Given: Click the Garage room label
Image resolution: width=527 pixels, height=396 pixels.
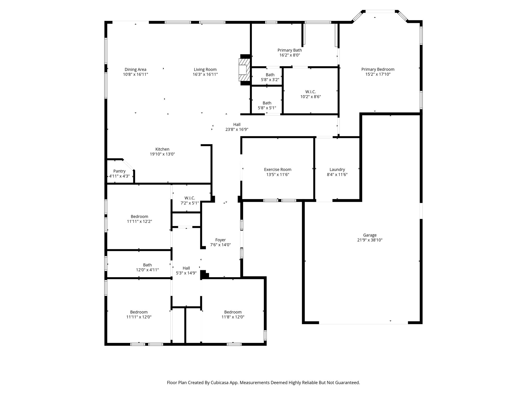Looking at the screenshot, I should (370, 235).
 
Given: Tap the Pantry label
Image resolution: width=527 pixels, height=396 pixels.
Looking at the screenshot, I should (119, 171).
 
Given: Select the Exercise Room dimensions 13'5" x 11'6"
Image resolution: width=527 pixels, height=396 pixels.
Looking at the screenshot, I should (278, 175).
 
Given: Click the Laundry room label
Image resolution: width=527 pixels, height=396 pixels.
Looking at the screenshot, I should (337, 170).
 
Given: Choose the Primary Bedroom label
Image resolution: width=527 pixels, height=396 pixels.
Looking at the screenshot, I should (378, 69).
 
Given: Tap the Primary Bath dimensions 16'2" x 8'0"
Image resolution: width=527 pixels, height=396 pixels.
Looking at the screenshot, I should (289, 55).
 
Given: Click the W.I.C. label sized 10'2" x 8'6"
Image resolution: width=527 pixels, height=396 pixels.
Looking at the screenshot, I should (311, 92).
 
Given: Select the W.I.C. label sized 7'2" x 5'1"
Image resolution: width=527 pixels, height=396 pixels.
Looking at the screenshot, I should (190, 198).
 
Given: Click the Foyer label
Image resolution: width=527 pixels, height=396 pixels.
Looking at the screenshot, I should (221, 240).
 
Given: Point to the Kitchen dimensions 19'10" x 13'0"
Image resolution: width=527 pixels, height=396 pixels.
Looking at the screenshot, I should (162, 154).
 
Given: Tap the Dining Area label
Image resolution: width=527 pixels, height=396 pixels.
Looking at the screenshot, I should (135, 69).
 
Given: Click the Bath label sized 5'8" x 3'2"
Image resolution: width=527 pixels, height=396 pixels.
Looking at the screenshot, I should (270, 75).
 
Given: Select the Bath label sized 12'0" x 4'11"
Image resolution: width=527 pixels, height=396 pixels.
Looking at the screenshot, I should (147, 265).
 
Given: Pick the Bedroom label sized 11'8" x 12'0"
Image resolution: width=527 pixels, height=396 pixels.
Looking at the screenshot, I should (233, 312).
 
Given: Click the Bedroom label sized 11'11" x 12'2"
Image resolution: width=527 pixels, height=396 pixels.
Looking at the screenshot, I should (139, 217).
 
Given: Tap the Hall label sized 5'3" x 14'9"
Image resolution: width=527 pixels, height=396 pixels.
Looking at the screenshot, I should (186, 268).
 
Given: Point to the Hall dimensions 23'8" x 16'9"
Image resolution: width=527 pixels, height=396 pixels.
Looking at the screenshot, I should (237, 130).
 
